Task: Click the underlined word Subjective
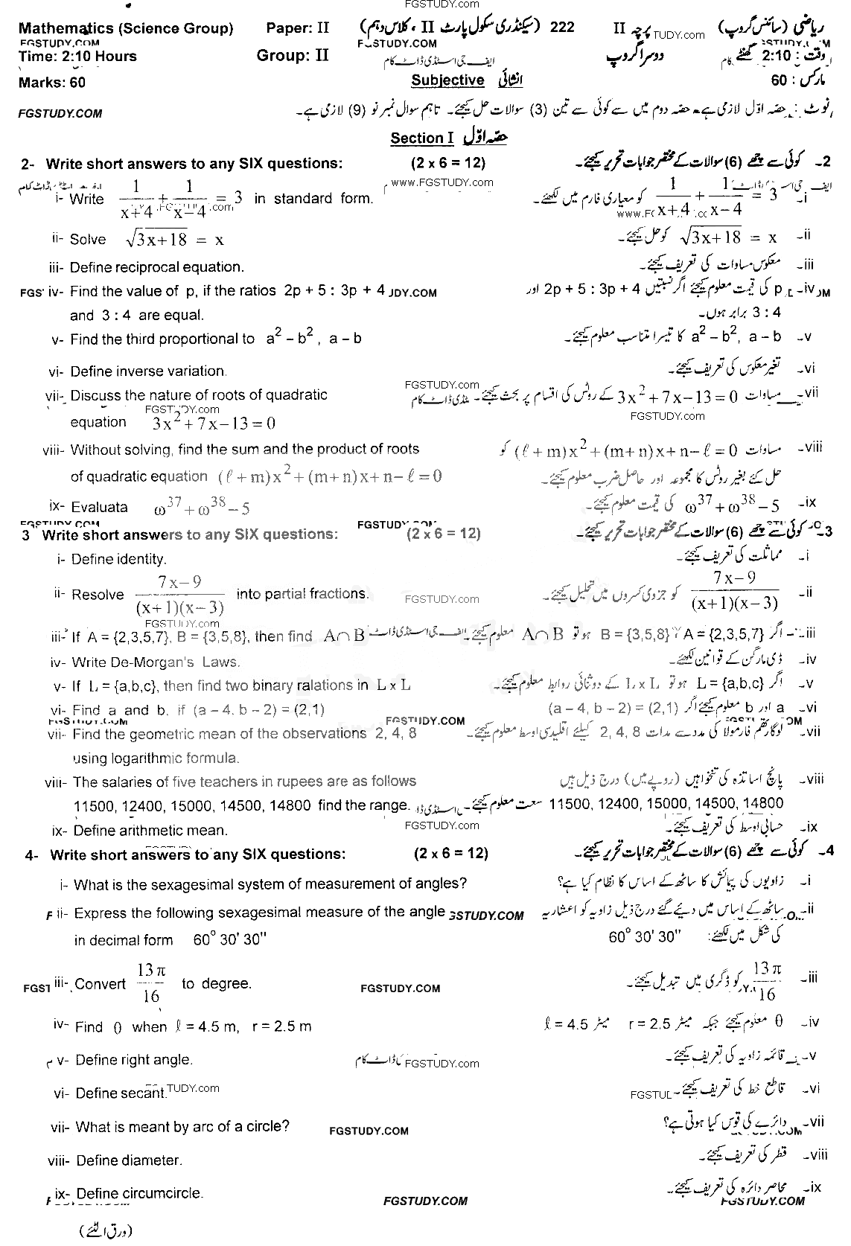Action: (447, 80)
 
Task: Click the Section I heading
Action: (421, 138)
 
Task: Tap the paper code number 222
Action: (562, 28)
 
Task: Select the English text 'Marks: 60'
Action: (52, 83)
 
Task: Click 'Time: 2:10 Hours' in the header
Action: (77, 57)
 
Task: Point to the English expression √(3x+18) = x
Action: (175, 239)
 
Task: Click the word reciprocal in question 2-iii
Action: (153, 267)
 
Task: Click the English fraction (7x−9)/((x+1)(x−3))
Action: (180, 594)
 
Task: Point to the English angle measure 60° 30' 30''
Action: (230, 939)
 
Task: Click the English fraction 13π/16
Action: (150, 983)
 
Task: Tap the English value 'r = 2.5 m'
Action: (282, 1026)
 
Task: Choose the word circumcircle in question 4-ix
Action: (162, 1194)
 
